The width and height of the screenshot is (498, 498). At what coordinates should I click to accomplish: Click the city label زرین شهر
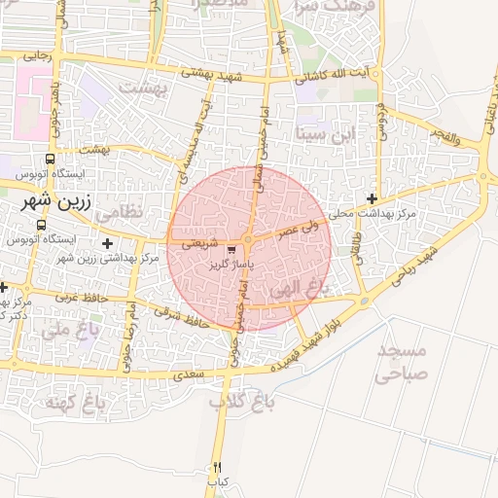tap(55, 205)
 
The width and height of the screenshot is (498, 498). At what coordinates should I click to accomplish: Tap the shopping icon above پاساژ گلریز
tap(231, 249)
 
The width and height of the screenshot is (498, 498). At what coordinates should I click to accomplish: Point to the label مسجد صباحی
tap(401, 359)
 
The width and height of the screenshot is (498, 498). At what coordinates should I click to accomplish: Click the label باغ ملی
tap(57, 330)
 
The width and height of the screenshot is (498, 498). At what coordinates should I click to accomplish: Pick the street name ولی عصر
tap(300, 230)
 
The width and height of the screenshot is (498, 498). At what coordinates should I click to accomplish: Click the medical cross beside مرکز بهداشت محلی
tap(372, 198)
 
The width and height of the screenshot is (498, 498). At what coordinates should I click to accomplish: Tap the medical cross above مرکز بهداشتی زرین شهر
tap(107, 242)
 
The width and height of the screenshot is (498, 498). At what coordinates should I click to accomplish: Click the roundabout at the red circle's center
tap(248, 240)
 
